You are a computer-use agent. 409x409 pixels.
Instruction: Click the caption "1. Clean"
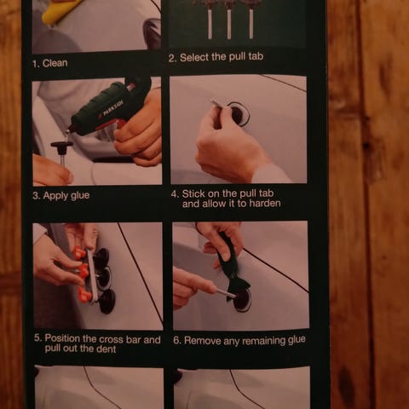point(49,63)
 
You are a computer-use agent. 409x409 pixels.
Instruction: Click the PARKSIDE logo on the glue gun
point(113,109)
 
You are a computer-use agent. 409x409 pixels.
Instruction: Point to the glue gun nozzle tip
point(68,131)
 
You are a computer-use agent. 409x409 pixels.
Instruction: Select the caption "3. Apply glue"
point(60,196)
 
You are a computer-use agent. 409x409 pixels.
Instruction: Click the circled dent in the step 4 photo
point(238,114)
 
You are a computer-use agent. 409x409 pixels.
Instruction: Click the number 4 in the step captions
point(174,194)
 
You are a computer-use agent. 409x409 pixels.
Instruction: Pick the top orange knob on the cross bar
point(80,252)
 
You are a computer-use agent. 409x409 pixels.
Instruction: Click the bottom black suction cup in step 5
point(107,302)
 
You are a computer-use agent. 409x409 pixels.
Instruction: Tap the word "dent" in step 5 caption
point(107,349)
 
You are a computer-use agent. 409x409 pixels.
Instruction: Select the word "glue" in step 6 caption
point(297,340)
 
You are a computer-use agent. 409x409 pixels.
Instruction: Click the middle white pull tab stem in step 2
point(229,26)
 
